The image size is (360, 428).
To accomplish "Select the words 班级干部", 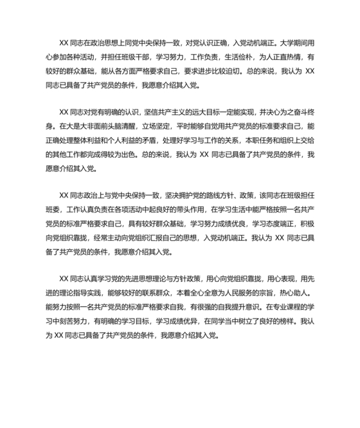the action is (146, 57).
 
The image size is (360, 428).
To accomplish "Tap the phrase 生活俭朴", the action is (250, 57).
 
